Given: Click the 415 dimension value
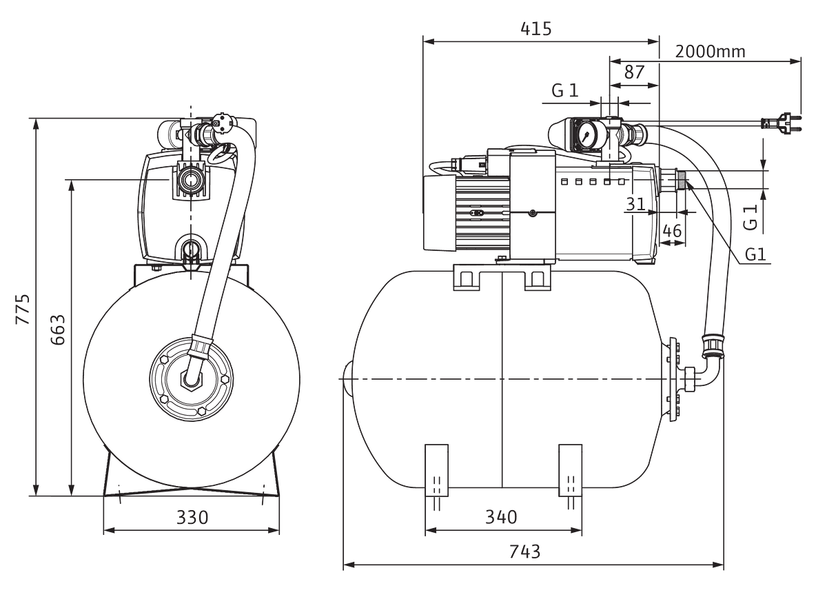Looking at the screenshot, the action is (x=536, y=29).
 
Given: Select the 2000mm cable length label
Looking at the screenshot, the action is (x=710, y=52).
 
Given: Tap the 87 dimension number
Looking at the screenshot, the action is (x=634, y=72).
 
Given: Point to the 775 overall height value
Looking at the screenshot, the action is (x=23, y=309).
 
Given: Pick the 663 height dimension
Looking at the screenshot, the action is (x=58, y=330).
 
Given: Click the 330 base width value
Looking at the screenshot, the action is (x=192, y=517).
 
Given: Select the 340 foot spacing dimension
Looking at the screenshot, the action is (x=501, y=517).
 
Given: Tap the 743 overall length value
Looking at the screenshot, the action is (x=524, y=552).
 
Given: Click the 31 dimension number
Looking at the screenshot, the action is (x=635, y=204).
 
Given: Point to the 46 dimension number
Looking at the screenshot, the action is (x=672, y=231).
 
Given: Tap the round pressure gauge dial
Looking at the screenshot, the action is (x=586, y=134).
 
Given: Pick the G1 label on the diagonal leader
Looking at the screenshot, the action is (x=755, y=254).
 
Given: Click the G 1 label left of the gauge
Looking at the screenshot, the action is (x=565, y=90).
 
